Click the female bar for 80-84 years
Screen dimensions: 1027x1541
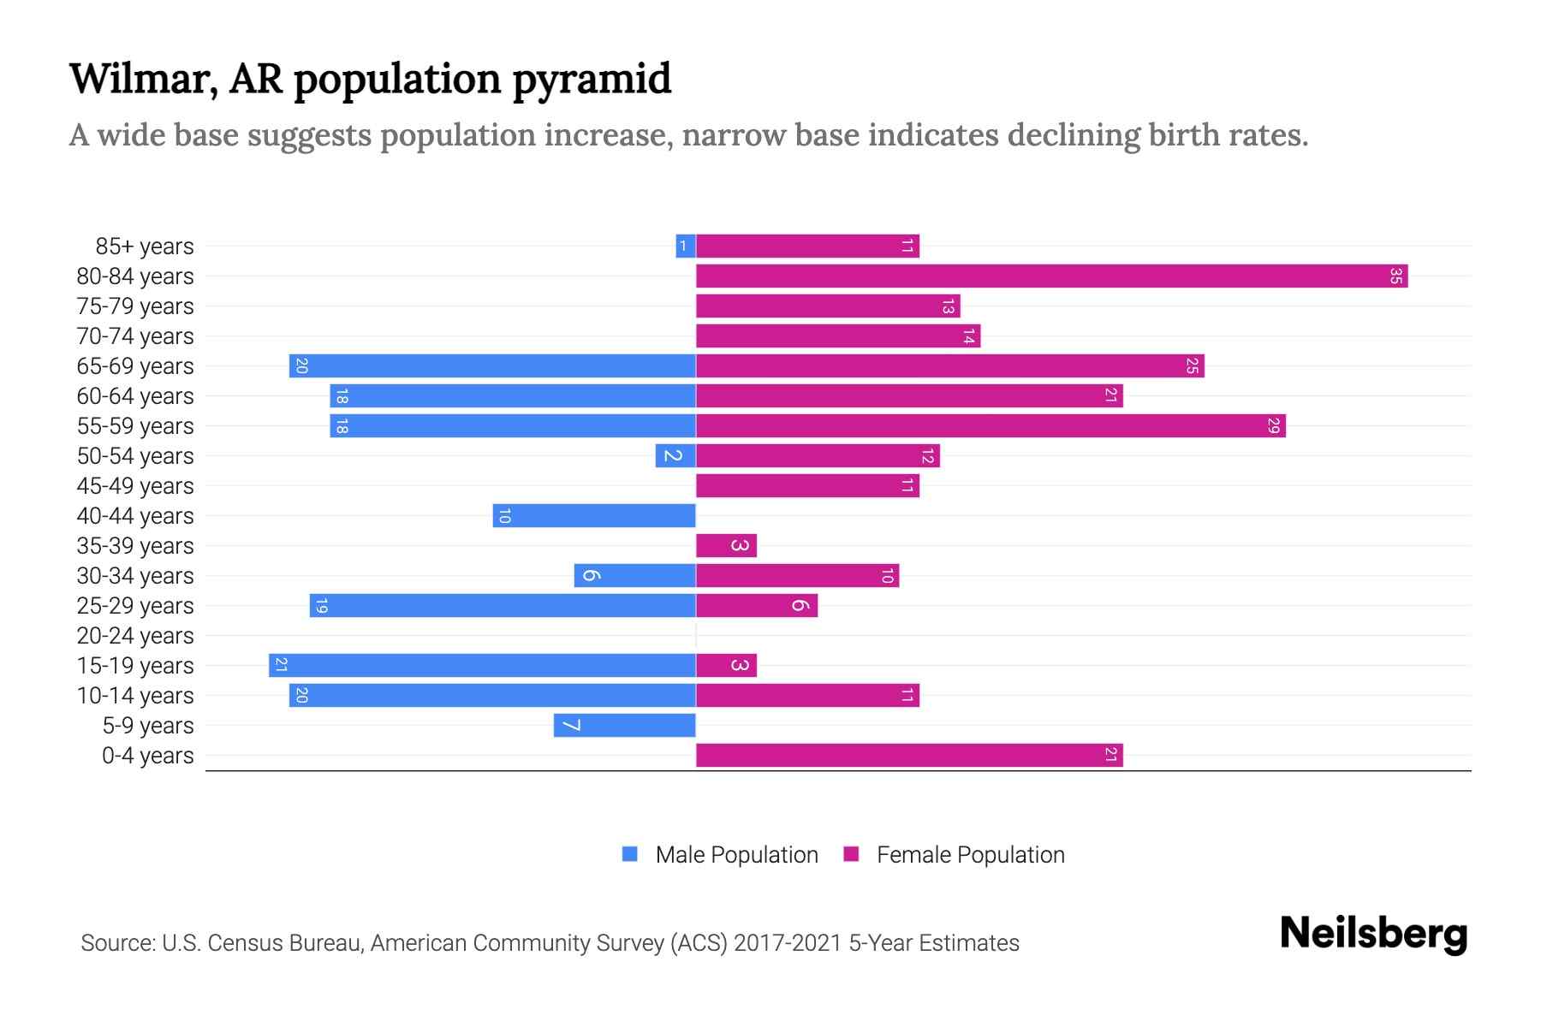point(1051,276)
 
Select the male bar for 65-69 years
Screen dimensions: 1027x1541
point(492,365)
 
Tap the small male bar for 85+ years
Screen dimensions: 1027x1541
point(685,246)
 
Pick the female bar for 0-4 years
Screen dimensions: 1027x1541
point(909,755)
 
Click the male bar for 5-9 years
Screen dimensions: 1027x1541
point(624,726)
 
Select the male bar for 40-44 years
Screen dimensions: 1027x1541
point(594,515)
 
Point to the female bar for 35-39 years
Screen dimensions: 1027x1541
point(726,545)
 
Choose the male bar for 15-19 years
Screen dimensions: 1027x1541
point(482,665)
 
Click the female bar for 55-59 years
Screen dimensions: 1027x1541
point(991,425)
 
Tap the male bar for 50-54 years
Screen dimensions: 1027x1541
point(675,455)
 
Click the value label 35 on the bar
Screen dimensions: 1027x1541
point(1395,276)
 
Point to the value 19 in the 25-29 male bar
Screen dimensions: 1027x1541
point(321,606)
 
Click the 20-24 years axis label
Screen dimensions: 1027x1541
point(135,636)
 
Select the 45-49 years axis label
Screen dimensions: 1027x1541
point(135,486)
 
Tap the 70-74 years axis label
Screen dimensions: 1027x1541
point(135,336)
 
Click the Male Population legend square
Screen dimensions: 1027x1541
point(630,854)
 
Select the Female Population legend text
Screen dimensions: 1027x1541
point(970,855)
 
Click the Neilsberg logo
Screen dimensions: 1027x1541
point(1373,934)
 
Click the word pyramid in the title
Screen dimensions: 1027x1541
point(592,79)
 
